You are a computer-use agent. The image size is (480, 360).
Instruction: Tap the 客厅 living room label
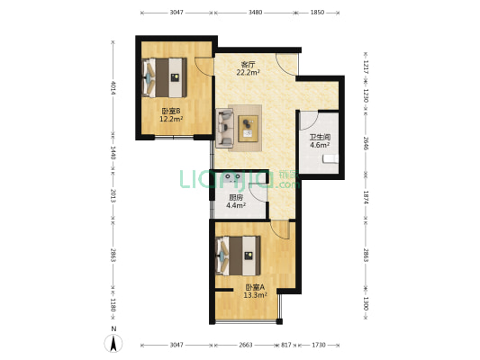[x=248, y=65]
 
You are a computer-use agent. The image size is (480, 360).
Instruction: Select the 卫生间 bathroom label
[x=320, y=138]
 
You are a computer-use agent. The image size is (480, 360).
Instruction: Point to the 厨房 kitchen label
[x=236, y=198]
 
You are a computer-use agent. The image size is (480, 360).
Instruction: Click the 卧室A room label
[x=255, y=287]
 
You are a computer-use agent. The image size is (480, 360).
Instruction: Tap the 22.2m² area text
[x=248, y=73]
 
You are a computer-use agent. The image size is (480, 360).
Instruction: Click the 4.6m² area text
[x=320, y=145]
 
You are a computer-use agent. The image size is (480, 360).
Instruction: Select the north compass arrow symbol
[x=113, y=343]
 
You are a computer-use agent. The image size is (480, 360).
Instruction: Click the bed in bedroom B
[x=165, y=77]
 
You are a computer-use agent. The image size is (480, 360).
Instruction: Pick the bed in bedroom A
[x=238, y=256]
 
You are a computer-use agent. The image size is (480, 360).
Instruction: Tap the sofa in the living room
[x=225, y=128]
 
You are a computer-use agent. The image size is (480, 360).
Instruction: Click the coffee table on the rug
[x=249, y=129]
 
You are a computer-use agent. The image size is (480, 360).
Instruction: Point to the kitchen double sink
[x=232, y=177]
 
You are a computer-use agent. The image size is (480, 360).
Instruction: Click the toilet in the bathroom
[x=331, y=158]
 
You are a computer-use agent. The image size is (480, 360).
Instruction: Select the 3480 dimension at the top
[x=255, y=13]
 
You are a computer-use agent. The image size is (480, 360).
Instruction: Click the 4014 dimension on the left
[x=113, y=88]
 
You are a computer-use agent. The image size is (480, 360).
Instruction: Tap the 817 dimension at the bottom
[x=286, y=345]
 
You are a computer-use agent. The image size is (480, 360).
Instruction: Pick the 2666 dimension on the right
[x=366, y=143]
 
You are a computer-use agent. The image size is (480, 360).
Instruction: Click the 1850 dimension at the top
[x=317, y=13]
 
